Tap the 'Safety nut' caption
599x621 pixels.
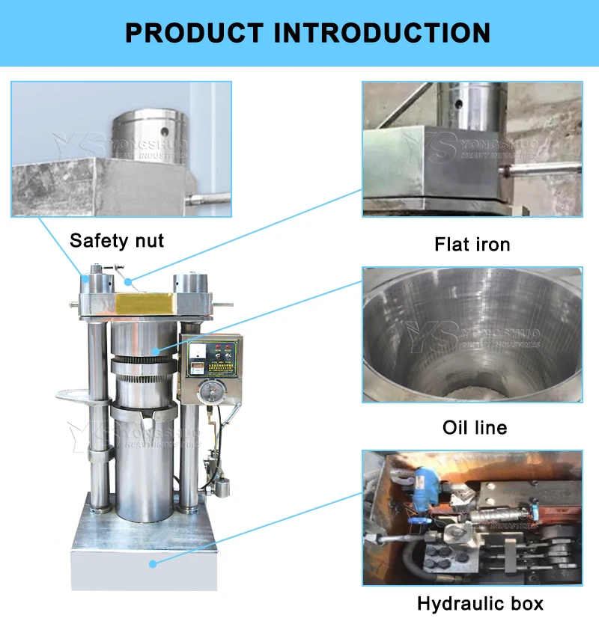coord(116,241)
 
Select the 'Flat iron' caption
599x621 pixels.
coord(472,244)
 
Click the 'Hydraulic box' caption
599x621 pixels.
coord(480,604)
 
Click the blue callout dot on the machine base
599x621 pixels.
coord(153,563)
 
